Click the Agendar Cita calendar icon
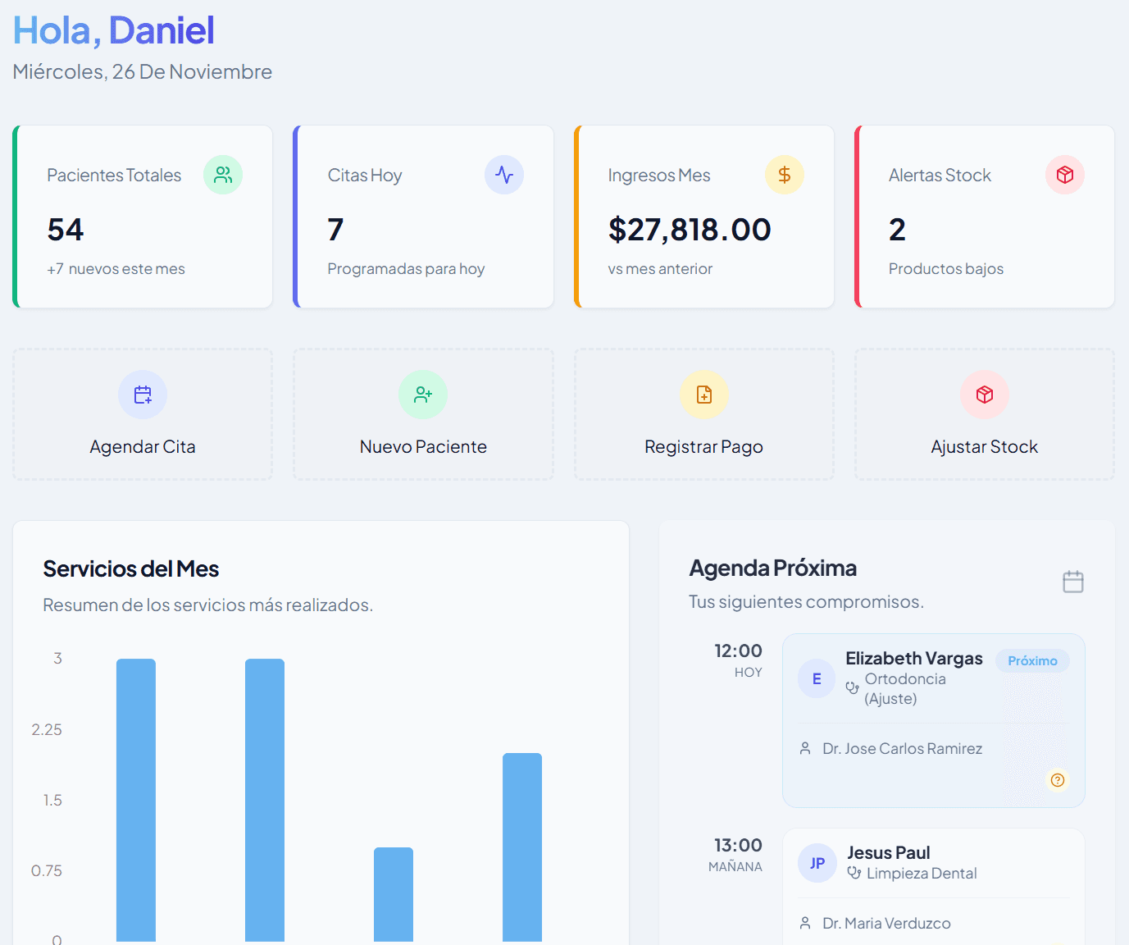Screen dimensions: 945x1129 [143, 395]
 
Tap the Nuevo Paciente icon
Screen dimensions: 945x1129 [423, 395]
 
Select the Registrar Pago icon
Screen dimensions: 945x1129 [703, 395]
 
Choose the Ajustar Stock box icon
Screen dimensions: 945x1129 [984, 395]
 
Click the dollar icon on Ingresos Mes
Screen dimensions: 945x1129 [784, 175]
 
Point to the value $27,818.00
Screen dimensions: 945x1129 [690, 230]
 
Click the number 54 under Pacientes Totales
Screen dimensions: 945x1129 [66, 230]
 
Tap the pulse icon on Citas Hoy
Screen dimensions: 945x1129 [503, 175]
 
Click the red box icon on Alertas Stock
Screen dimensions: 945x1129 [1064, 175]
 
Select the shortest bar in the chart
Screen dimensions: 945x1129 [394, 894]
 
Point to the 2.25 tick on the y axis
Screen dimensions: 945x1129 [47, 729]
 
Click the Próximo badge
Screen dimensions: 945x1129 [1032, 661]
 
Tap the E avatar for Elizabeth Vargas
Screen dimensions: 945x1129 [817, 678]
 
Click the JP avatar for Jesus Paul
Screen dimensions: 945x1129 [817, 863]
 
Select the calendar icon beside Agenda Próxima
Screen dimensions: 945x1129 [1072, 582]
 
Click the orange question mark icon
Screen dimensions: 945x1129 [1058, 780]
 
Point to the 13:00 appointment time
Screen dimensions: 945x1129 [738, 845]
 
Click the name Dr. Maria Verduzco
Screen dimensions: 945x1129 [886, 924]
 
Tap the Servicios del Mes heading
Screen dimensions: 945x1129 [131, 568]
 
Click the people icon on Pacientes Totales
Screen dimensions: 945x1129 [223, 175]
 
